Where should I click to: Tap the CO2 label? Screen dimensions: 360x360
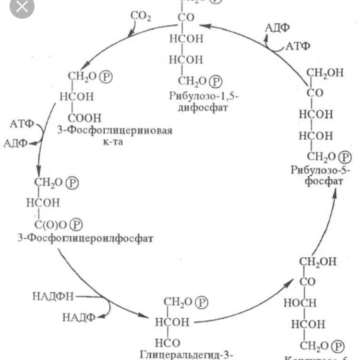(141, 17)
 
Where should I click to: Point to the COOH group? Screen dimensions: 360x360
(84, 117)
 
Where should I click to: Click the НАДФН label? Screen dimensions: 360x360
(53, 296)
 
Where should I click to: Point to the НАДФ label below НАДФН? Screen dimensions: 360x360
(78, 316)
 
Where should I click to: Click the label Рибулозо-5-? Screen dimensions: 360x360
(321, 170)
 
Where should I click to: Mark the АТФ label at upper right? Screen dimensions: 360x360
(298, 47)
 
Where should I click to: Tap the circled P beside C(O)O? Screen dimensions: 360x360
(76, 224)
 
